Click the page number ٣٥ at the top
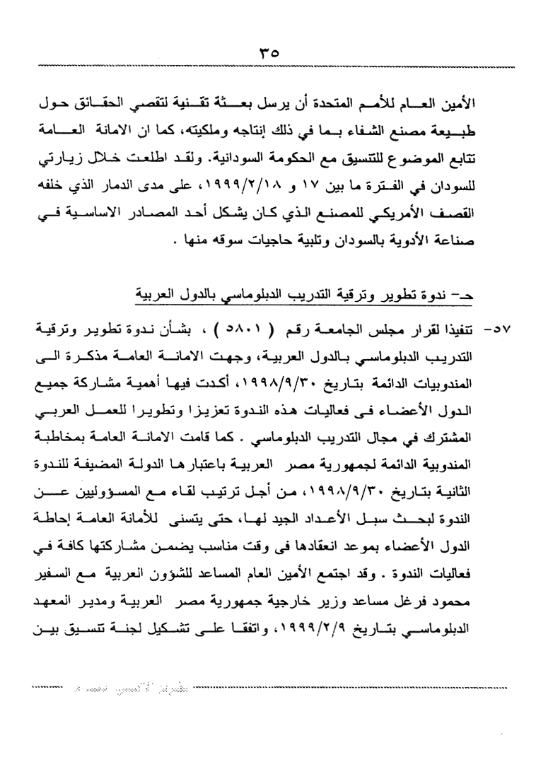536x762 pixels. pos(269,54)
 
